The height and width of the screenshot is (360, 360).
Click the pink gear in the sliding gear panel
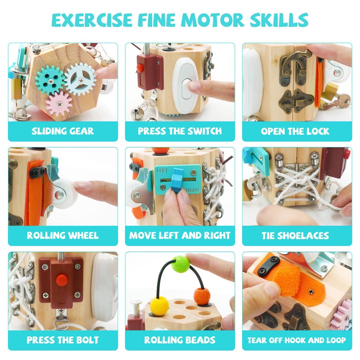click(x=58, y=103)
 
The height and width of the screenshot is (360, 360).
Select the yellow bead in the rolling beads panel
click(x=157, y=305)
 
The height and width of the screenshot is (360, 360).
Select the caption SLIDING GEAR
click(x=63, y=131)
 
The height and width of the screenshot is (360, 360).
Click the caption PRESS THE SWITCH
click(x=180, y=131)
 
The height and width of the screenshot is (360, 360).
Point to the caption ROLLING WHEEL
click(x=63, y=235)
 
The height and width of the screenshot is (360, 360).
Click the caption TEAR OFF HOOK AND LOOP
click(x=297, y=340)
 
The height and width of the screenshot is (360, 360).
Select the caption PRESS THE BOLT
click(x=63, y=340)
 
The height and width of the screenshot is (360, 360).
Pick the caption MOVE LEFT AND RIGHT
click(x=180, y=235)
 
